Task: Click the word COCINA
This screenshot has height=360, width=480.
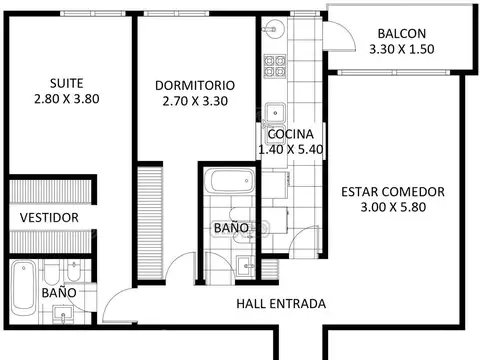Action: point(291,134)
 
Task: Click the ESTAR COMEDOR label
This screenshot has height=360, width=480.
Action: point(392,192)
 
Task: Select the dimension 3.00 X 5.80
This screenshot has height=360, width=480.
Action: point(392,208)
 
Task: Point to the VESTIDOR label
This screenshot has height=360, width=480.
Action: point(49,217)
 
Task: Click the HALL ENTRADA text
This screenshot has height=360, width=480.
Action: point(280,304)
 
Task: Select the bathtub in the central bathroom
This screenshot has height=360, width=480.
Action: point(229,182)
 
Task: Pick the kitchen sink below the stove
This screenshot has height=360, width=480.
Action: point(274,111)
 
